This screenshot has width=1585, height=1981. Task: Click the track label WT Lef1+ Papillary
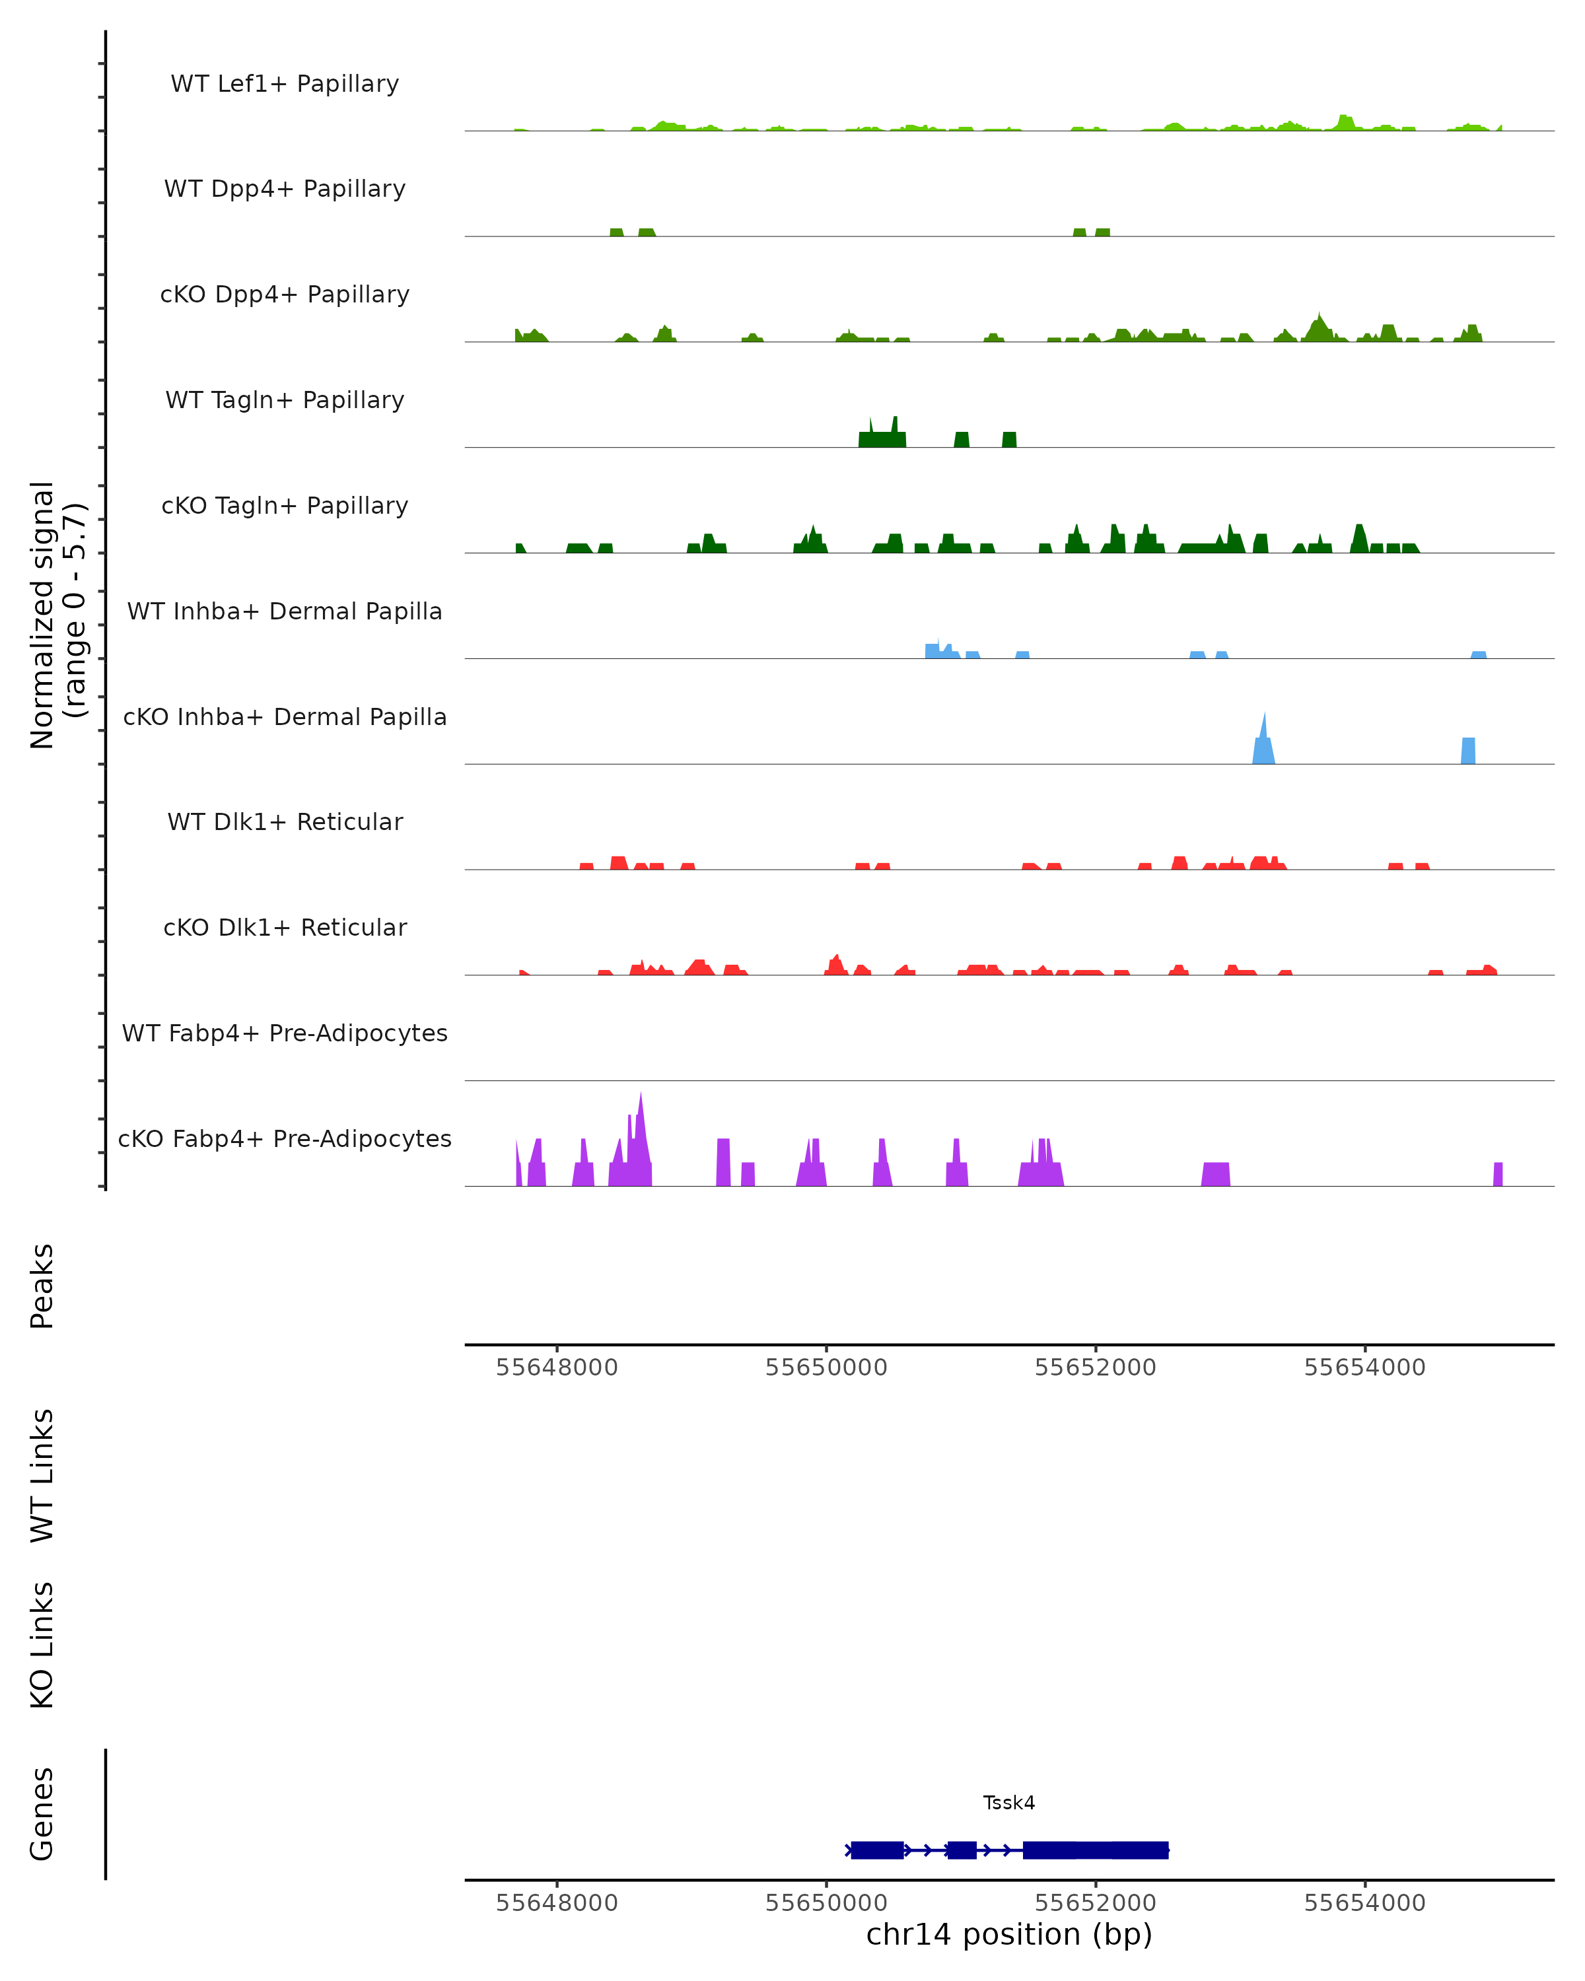[x=285, y=84]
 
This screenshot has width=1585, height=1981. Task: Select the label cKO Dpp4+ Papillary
[x=285, y=294]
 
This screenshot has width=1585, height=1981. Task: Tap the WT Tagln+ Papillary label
[x=285, y=400]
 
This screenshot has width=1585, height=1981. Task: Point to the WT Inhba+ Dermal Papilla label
[x=285, y=611]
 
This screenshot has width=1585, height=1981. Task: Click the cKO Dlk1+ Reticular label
[x=285, y=927]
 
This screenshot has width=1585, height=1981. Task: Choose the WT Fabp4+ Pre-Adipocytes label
[x=285, y=1033]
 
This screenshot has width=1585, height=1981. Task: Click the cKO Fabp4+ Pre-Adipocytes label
[x=285, y=1138]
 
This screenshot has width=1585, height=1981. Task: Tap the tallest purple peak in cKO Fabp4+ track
[x=641, y=1139]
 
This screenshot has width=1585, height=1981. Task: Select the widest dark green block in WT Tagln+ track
[x=882, y=438]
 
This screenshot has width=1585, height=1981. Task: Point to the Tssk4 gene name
[x=1009, y=1803]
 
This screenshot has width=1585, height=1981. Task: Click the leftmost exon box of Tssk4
[x=876, y=1850]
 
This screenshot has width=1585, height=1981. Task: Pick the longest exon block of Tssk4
[x=1095, y=1850]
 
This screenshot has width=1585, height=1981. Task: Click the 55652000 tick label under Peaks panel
[x=1095, y=1368]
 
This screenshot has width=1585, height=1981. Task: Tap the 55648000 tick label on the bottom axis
[x=557, y=1903]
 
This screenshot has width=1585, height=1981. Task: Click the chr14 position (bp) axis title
[x=1009, y=1935]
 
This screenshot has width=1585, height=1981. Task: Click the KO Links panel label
[x=42, y=1646]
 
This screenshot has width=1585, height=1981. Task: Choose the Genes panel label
[x=42, y=1814]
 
